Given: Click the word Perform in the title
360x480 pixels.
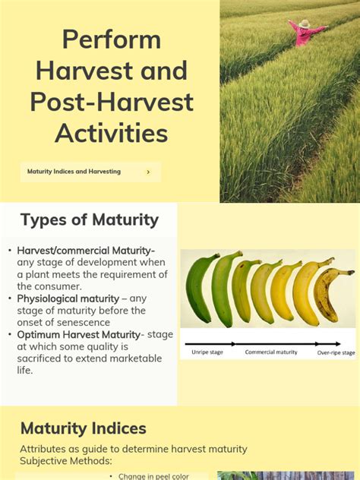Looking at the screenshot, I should click(x=111, y=39).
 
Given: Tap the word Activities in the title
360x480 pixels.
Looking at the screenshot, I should click(x=111, y=133).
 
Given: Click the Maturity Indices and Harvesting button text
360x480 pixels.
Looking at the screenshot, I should click(x=74, y=172).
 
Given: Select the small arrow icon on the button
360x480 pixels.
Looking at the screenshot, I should click(x=148, y=172).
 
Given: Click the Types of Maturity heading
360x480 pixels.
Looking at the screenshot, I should click(x=90, y=220).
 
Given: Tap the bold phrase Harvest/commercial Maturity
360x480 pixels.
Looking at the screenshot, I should click(x=86, y=251).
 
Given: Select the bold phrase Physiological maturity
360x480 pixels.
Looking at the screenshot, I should click(x=68, y=298).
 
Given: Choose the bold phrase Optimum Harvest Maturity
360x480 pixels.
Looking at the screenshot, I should click(x=79, y=334).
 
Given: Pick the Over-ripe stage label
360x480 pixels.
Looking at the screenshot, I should click(x=336, y=352).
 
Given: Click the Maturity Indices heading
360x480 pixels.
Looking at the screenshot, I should click(x=84, y=428).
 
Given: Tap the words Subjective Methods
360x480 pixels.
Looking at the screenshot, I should click(x=68, y=461).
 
